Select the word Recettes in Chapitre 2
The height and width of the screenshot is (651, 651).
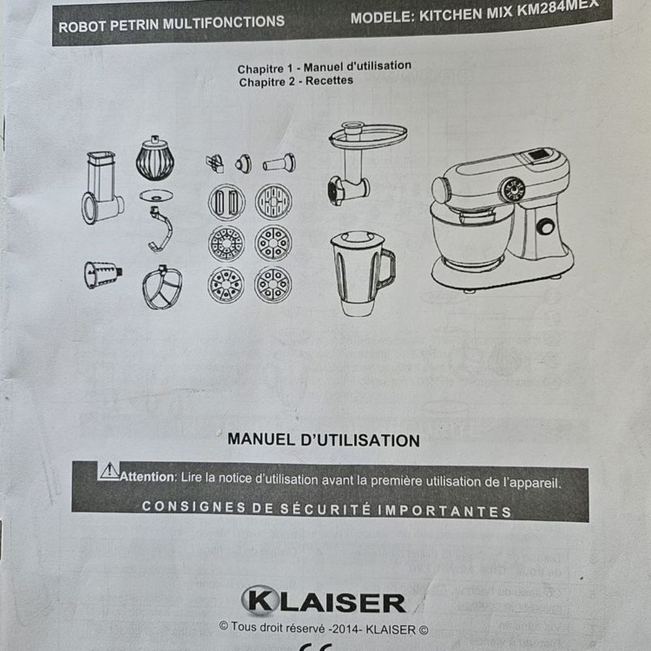pyautogui.click(x=329, y=81)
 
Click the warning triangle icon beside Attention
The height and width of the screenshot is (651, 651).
pyautogui.click(x=109, y=471)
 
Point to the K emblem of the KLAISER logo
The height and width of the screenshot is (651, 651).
pyautogui.click(x=258, y=600)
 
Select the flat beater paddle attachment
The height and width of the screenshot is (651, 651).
pyautogui.click(x=162, y=287)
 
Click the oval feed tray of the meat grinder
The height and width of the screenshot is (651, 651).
pyautogui.click(x=368, y=136)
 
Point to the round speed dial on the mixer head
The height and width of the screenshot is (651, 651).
pyautogui.click(x=512, y=189)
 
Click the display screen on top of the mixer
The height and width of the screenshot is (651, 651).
pyautogui.click(x=540, y=156)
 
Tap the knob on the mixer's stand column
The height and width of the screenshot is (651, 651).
pyautogui.click(x=545, y=227)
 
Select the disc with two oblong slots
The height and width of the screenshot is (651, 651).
pyautogui.click(x=227, y=202)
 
